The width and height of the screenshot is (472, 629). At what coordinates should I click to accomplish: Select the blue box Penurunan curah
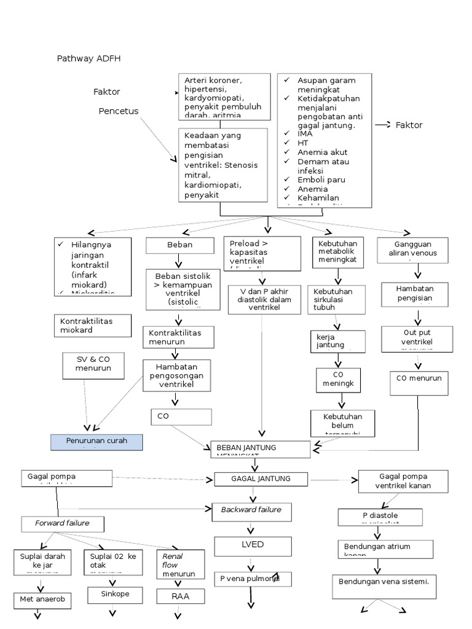coord(96,442)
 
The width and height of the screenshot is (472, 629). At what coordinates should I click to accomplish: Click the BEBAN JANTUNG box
coord(261,449)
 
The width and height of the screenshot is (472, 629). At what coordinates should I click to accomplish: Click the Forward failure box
coord(63,523)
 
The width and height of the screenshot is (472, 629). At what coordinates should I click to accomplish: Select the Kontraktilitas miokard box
coord(92,326)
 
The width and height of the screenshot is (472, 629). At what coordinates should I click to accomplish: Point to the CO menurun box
coord(419,383)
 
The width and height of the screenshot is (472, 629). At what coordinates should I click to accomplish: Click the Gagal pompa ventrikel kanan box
coord(403,482)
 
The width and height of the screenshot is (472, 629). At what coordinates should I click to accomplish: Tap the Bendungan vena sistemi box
coord(383,585)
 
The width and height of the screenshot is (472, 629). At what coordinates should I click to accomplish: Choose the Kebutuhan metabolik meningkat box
coord(338,252)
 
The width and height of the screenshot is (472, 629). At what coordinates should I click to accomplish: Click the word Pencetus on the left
coord(119,111)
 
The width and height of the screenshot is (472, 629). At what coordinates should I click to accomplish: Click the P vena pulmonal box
coord(252,579)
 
